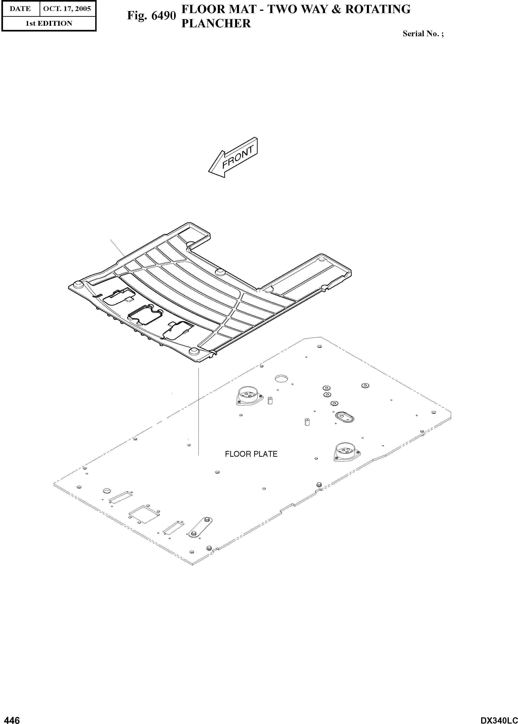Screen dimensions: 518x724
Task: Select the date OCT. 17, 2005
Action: coord(67,9)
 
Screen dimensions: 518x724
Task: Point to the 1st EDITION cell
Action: coord(49,23)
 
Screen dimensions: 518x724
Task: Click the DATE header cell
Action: coord(20,9)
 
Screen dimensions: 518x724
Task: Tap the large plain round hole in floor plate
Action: coord(281,379)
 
